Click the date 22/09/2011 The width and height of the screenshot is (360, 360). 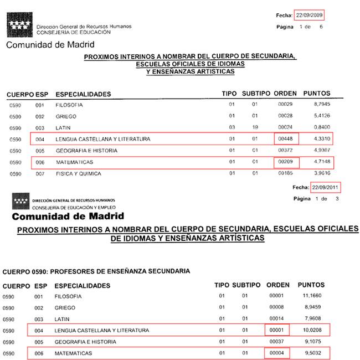(x=326, y=187)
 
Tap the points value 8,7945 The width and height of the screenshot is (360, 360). (x=322, y=104)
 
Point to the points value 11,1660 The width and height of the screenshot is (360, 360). (x=312, y=296)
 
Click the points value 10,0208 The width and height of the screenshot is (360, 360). (x=312, y=330)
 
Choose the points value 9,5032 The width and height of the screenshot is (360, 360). (x=312, y=353)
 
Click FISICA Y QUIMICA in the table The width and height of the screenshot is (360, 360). (x=78, y=174)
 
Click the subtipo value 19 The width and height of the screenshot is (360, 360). (x=255, y=127)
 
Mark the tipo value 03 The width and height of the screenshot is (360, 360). (x=232, y=127)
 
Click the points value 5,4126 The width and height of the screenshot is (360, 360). (x=322, y=116)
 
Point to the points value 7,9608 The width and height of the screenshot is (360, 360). (x=312, y=318)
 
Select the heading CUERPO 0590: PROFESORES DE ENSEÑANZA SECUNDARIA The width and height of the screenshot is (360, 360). (x=96, y=272)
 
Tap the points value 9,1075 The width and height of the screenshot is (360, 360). (x=312, y=341)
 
